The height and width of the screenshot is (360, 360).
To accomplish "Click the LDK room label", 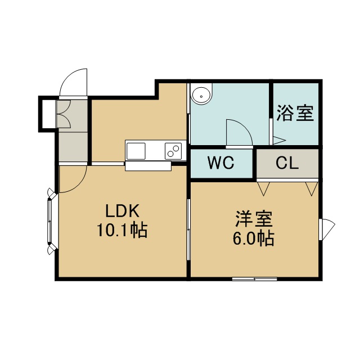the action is [122, 211].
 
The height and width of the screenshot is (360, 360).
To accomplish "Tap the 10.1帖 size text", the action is [122, 230].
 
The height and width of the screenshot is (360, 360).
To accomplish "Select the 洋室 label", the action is [254, 219].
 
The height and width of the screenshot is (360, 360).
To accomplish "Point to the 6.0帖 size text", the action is [254, 238].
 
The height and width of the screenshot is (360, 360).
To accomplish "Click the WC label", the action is [220, 163].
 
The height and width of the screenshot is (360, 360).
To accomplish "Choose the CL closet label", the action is [287, 163].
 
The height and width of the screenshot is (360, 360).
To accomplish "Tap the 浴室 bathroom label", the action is [295, 113].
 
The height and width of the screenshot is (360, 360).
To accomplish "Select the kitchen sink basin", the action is [136, 151].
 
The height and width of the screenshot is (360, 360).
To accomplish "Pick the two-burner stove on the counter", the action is [173, 151].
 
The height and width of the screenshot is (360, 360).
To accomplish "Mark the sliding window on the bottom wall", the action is [255, 279].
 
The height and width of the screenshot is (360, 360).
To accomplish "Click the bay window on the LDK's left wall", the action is [51, 221].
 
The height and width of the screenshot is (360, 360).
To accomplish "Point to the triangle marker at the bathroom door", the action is [279, 140].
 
